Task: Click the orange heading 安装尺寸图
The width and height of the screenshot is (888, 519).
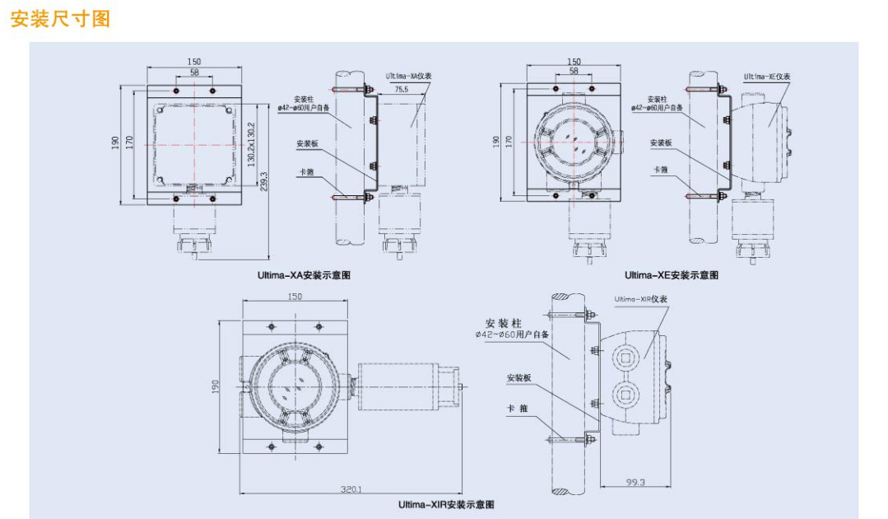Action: [60, 19]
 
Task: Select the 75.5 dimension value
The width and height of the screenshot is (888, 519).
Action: [401, 88]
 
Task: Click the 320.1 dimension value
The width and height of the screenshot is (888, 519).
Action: [352, 489]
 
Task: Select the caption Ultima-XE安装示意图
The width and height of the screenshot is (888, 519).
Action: [671, 275]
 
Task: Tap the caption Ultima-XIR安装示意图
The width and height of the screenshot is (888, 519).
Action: [446, 504]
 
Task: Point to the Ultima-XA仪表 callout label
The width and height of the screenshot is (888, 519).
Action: [409, 76]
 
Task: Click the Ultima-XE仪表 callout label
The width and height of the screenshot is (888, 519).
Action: [767, 76]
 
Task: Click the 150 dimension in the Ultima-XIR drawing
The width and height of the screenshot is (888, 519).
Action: [295, 297]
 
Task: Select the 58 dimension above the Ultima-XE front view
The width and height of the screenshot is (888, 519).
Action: [574, 72]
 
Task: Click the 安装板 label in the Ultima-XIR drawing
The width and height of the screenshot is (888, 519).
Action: [519, 378]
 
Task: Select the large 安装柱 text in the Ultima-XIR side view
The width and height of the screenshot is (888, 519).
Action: [504, 323]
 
